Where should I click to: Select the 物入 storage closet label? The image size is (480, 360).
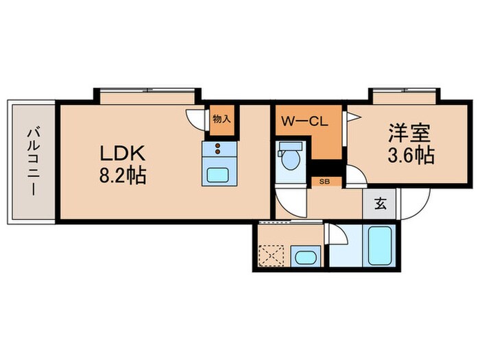pos(221,119)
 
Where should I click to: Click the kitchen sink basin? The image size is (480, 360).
pos(219,173)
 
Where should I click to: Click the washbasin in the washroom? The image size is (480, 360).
pos(304,258)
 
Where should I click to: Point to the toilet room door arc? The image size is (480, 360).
pos(291,201)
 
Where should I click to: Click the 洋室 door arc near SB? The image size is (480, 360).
pos(356,176)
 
